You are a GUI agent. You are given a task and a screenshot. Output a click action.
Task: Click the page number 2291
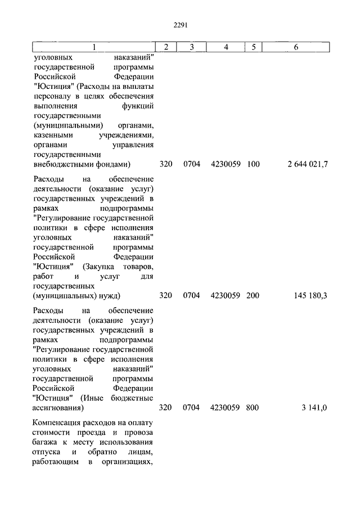click(180, 25)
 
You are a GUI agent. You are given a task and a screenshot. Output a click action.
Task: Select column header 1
click(94, 47)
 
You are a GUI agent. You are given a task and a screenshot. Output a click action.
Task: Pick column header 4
click(226, 47)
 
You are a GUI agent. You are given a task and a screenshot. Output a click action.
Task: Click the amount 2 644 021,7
click(307, 164)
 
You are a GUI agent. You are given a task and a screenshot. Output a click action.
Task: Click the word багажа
click(46, 442)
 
